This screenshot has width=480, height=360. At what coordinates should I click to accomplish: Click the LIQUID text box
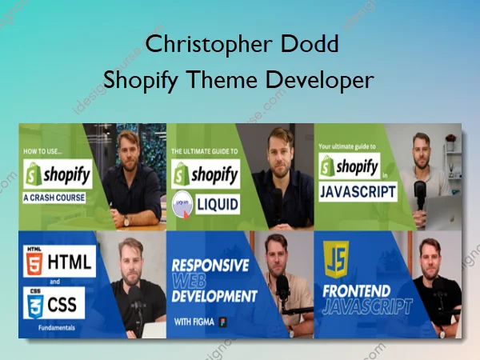(217, 204)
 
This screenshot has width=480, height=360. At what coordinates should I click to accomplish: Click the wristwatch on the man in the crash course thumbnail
(126, 218)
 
